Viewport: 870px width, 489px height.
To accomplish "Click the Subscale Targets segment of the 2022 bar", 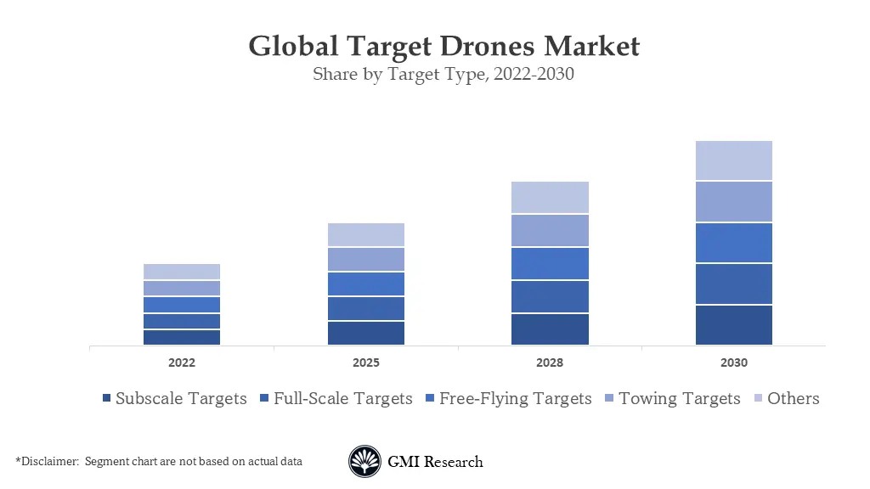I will tap(182, 337).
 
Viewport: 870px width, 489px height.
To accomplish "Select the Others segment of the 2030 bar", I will tap(733, 160).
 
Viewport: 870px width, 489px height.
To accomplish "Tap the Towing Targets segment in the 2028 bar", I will tap(550, 230).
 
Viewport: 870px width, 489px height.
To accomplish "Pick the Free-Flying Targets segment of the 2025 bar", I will tap(365, 284).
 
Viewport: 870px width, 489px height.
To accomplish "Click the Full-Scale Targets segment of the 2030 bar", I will tap(733, 284).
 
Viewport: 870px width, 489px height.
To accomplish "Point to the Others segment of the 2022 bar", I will tap(182, 272).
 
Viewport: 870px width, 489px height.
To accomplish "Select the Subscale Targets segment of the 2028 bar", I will tap(550, 329).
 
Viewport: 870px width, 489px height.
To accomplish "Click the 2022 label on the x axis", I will tap(182, 363).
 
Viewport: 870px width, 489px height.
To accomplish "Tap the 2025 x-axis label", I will tap(365, 363).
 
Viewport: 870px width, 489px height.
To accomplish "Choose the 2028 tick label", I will tap(550, 363).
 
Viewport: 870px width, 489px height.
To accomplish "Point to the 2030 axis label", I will tap(733, 363).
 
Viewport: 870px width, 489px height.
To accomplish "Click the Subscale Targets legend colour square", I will tap(106, 399).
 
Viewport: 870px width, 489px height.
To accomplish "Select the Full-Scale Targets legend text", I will tap(342, 398).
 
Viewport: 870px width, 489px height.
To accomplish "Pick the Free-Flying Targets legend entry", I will tap(515, 398).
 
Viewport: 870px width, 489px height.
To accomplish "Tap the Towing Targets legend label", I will tap(679, 398).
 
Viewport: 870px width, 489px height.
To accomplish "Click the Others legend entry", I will tap(793, 398).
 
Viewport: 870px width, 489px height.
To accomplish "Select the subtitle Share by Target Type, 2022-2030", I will tap(443, 74).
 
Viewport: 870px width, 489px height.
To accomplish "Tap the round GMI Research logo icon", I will tap(364, 462).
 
